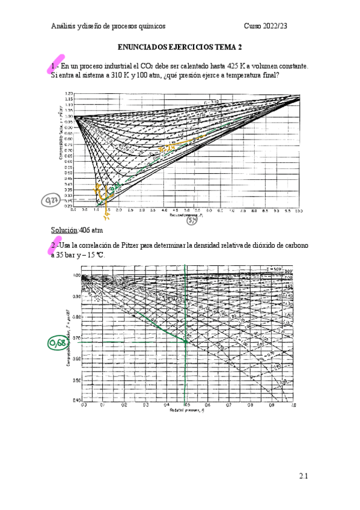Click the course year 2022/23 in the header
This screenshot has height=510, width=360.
[288, 26]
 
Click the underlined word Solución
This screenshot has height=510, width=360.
[64, 230]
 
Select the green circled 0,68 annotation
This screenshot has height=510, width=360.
[56, 343]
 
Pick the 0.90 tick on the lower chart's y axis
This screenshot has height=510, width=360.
[76, 297]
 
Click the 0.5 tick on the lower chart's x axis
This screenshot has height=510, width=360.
[187, 405]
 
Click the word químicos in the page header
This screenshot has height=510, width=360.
[150, 26]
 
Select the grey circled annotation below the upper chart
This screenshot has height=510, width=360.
[192, 221]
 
